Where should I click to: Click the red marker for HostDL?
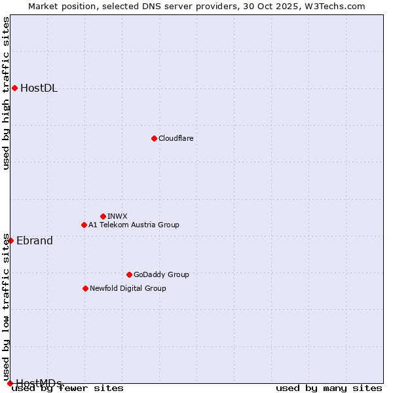[x=14, y=88]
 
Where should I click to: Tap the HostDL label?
[x=39, y=88]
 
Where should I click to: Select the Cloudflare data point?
[x=154, y=138]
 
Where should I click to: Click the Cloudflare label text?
[x=176, y=138]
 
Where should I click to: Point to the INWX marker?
[x=103, y=216]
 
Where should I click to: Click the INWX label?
[x=117, y=216]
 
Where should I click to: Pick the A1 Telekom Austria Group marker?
[x=84, y=225]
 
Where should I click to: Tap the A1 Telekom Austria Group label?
[x=134, y=225]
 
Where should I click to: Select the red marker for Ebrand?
[x=10, y=240]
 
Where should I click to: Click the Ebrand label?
[x=35, y=240]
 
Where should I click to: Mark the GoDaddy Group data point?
[x=129, y=274]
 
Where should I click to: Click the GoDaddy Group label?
[x=161, y=274]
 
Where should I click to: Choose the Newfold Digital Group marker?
[x=85, y=288]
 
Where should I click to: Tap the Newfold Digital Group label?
[x=128, y=288]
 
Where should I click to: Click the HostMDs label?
[x=39, y=383]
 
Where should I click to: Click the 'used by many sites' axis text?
[x=329, y=388]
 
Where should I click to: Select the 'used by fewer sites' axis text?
[x=67, y=388]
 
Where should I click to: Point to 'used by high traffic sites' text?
[x=6, y=93]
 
